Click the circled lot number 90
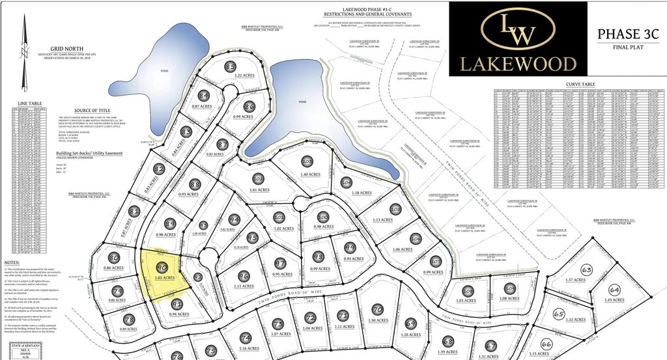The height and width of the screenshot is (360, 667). (x=163, y=268)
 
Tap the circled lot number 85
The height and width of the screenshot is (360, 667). (x=230, y=67)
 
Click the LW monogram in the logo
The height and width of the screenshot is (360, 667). (x=518, y=29)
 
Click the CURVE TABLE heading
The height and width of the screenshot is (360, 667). (x=580, y=85)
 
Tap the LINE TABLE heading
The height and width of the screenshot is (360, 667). (x=31, y=104)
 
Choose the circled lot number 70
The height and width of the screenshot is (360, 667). (x=376, y=309)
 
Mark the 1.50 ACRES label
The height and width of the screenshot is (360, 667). (x=378, y=320)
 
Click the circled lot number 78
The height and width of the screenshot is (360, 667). (x=128, y=320)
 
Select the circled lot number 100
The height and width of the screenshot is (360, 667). (x=323, y=218)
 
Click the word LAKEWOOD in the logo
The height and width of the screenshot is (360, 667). (x=518, y=63)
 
